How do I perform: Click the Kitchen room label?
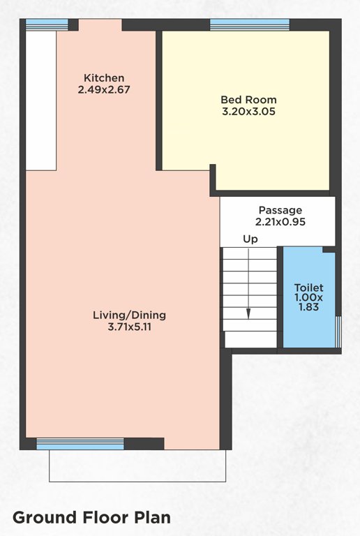pyautogui.click(x=104, y=77)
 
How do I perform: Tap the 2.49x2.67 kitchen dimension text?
pyautogui.click(x=104, y=89)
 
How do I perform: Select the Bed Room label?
pyautogui.click(x=244, y=99)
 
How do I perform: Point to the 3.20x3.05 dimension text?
pyautogui.click(x=244, y=111)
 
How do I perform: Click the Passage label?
pyautogui.click(x=280, y=210)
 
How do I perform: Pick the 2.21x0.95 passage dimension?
pyautogui.click(x=280, y=222)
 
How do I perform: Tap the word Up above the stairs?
pyautogui.click(x=250, y=239)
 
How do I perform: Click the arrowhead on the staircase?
pyautogui.click(x=248, y=314)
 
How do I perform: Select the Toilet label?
pyautogui.click(x=308, y=288)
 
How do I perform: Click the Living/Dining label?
pyautogui.click(x=129, y=315)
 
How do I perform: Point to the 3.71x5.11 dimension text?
pyautogui.click(x=129, y=327)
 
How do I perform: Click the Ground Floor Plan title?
pyautogui.click(x=91, y=518)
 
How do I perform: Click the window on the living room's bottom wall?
pyautogui.click(x=80, y=443)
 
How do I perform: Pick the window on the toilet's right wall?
pyautogui.click(x=338, y=330)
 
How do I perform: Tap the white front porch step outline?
pyautogui.click(x=137, y=466)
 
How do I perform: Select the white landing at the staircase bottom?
pyautogui.click(x=250, y=339)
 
